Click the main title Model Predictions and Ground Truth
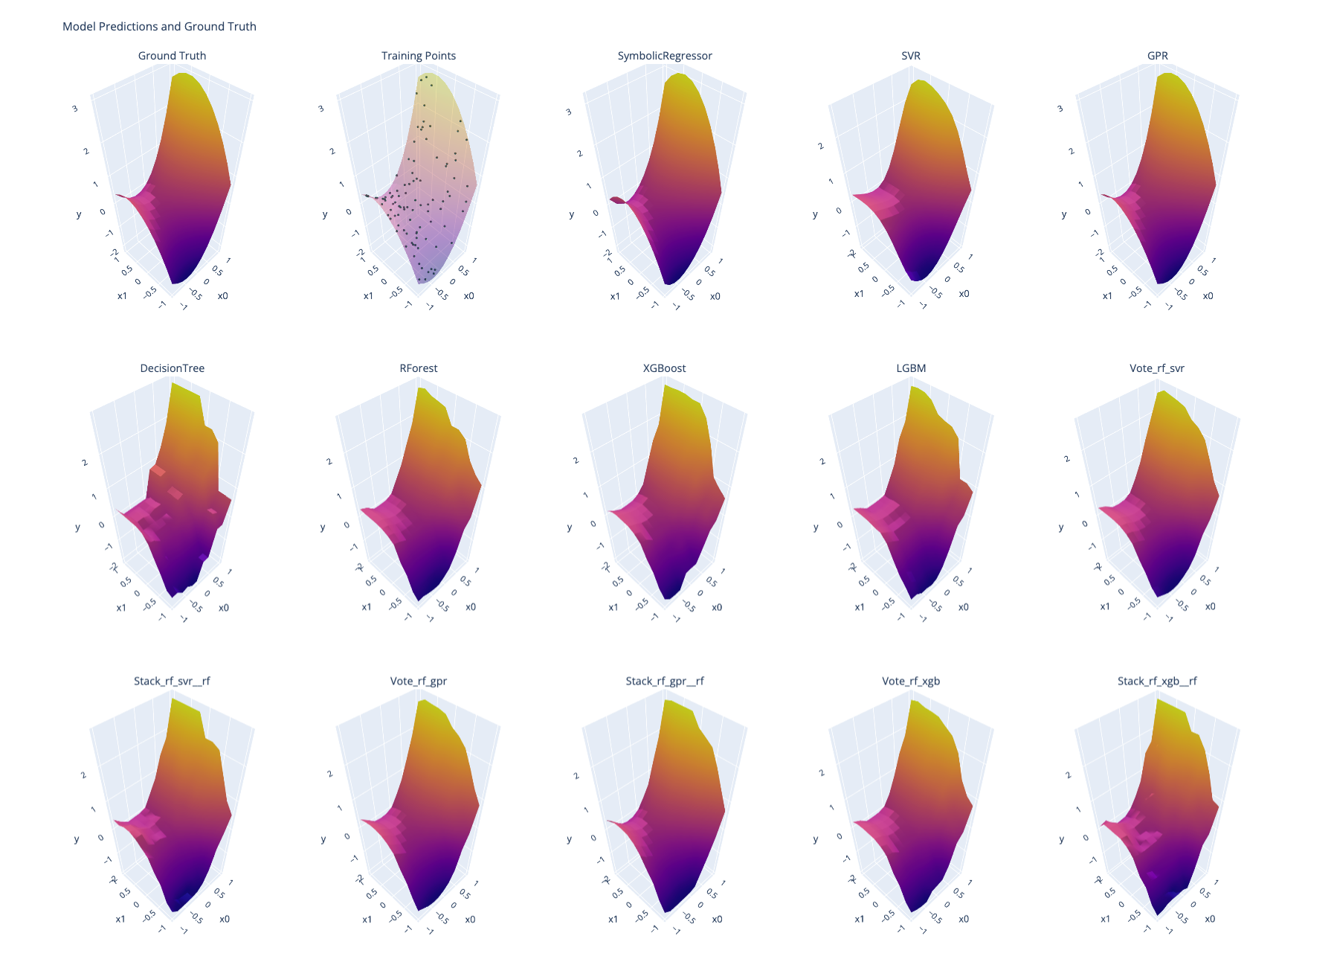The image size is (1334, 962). (159, 27)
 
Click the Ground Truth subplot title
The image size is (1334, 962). (172, 56)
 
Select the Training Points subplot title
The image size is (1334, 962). (419, 56)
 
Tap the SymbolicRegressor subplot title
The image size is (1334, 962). (665, 56)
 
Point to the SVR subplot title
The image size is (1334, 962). (911, 56)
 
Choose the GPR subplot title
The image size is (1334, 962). (1158, 56)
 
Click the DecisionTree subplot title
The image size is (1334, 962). (172, 368)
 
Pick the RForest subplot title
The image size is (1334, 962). (419, 368)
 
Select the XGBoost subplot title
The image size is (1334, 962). (665, 368)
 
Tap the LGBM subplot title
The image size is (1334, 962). (911, 368)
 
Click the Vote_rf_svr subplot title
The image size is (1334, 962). (1157, 368)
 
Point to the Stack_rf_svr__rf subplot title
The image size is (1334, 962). (172, 681)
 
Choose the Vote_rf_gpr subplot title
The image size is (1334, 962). (419, 681)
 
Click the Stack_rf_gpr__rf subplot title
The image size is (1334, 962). (665, 681)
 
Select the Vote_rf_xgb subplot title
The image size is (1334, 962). (911, 681)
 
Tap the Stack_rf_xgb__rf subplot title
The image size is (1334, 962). (1157, 681)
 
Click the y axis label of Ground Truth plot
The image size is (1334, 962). (79, 215)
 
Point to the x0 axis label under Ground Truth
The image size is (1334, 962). (223, 296)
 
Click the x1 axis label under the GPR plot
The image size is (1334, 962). (1107, 296)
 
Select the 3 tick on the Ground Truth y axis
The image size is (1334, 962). (74, 109)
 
